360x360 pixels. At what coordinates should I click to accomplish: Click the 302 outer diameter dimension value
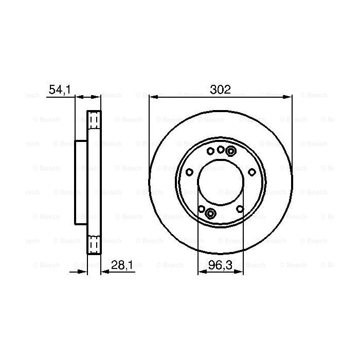coord(220,89)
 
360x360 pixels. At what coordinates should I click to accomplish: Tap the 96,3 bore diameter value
coord(220,267)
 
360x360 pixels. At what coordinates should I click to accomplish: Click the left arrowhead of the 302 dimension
coord(153,96)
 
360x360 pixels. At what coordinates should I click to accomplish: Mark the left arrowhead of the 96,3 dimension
coord(201,273)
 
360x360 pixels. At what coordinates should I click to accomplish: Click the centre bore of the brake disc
coord(220,182)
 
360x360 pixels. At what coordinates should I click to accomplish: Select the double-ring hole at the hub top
coord(230,151)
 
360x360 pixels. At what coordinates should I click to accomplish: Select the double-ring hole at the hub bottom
coord(210,213)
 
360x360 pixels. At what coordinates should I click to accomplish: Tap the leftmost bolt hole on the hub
coord(189,172)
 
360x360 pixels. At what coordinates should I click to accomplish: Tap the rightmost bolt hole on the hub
coord(251,172)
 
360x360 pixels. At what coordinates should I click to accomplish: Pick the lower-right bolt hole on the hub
coord(240,208)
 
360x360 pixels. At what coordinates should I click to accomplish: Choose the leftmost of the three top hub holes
coord(210,151)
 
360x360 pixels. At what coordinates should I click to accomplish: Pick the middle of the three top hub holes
coord(221,149)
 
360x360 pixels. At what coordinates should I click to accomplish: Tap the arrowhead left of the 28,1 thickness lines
coord(84,273)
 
